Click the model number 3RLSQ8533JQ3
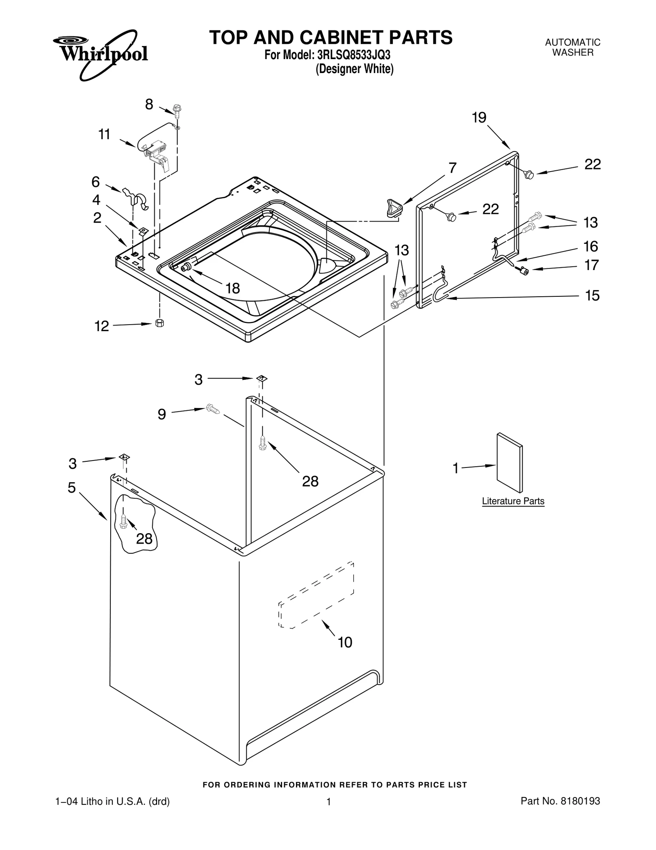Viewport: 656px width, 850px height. pos(352,55)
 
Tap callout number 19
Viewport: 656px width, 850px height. pos(479,118)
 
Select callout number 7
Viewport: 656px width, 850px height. pos(452,168)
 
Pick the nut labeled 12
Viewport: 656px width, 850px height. pos(160,323)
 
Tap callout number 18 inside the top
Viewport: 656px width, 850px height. pos(232,289)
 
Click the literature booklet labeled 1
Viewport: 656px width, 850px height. pos(510,463)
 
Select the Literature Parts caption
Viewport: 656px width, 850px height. pos(513,501)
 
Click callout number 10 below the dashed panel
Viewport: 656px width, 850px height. pos(345,642)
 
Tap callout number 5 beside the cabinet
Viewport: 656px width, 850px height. pos(72,488)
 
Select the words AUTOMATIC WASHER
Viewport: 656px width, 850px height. pos(572,47)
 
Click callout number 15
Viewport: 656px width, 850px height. pos(592,296)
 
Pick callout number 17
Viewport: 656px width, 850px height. pos(591,266)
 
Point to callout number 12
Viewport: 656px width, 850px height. pos(102,326)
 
